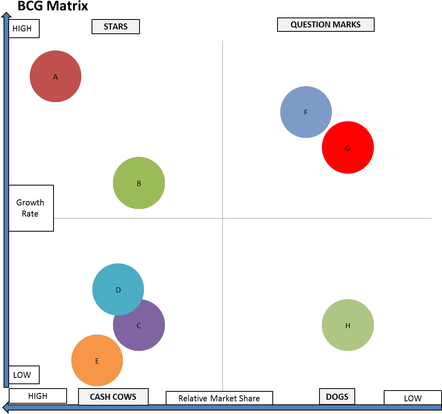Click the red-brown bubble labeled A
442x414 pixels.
click(x=55, y=76)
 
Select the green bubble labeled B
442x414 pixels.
click(x=139, y=183)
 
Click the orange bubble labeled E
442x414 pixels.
click(x=97, y=360)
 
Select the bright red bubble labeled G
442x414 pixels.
click(x=348, y=147)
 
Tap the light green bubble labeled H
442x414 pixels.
click(x=348, y=325)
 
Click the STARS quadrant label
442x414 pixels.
click(x=116, y=27)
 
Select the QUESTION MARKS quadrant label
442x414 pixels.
click(x=325, y=25)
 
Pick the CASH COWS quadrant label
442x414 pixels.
click(x=113, y=397)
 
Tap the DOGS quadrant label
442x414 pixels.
click(x=337, y=397)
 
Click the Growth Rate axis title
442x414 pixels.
click(x=31, y=208)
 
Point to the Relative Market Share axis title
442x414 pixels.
click(x=219, y=398)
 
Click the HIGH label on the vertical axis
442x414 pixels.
click(x=24, y=29)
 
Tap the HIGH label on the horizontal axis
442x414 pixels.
click(x=38, y=396)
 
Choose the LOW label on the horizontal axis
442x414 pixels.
click(x=413, y=398)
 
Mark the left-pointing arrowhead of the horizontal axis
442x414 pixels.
click(x=6, y=407)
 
